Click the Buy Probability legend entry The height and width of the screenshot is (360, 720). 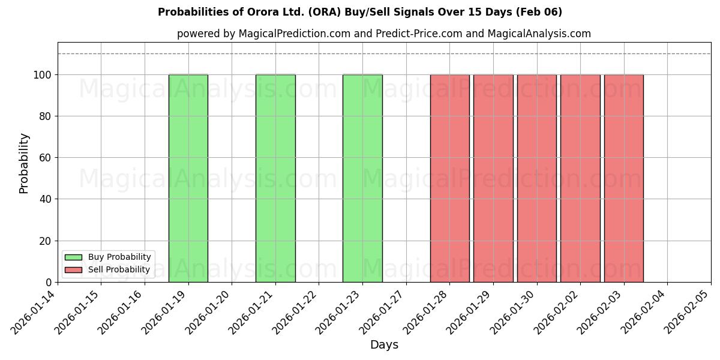108,257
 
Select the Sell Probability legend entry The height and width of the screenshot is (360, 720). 108,270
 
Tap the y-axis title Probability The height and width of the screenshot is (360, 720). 24,163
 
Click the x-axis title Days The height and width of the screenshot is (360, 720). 384,345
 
